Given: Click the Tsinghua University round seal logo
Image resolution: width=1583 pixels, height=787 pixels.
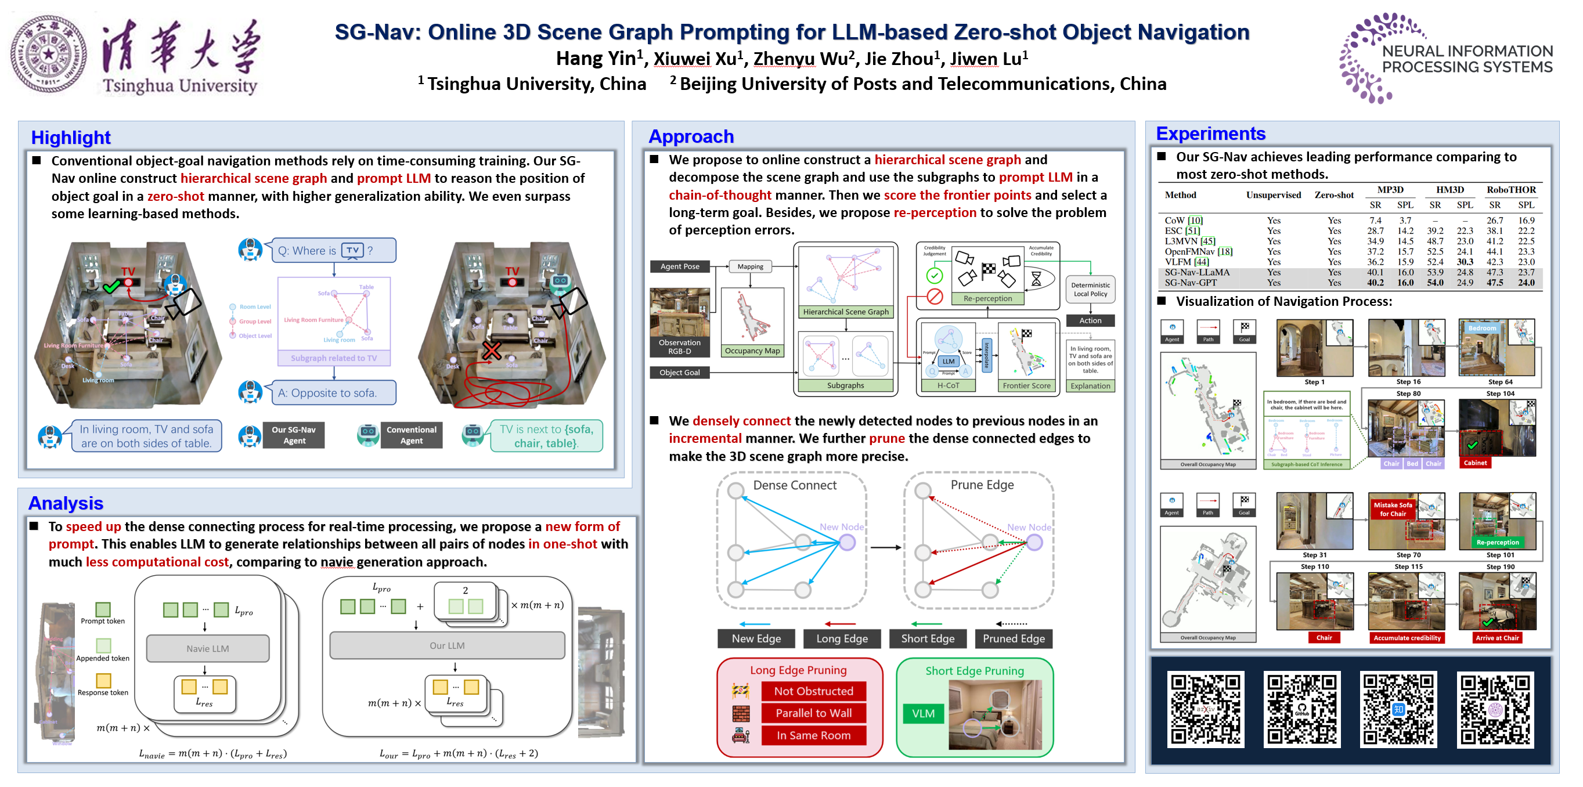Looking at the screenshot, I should [49, 54].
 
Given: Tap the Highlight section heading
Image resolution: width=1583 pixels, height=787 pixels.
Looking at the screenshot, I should [71, 137].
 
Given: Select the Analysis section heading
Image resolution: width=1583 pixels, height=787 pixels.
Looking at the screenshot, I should [66, 503].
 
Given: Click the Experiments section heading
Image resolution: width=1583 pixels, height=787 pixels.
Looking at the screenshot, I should [1210, 133].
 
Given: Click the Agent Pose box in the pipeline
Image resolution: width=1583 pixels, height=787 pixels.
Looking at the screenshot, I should [679, 266].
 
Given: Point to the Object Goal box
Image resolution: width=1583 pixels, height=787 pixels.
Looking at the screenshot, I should [679, 372].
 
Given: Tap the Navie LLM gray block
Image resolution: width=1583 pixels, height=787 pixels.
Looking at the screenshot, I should [208, 648].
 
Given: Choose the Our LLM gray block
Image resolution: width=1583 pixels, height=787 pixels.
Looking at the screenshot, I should [447, 645].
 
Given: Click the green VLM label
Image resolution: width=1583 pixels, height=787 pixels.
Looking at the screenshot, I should [922, 713].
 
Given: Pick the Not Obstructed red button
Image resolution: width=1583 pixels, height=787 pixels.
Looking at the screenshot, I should [813, 691].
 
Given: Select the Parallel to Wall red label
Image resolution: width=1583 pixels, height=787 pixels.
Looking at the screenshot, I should [813, 713].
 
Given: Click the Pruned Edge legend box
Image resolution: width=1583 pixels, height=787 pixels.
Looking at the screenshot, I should [1013, 638].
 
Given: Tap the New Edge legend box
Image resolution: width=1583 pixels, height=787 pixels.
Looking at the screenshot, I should [756, 638].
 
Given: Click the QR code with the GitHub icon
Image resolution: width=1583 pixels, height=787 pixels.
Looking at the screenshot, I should [1301, 709].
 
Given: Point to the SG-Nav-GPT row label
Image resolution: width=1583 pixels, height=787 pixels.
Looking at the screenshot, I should [1191, 283].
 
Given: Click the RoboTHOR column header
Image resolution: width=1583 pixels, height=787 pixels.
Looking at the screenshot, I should [1510, 190].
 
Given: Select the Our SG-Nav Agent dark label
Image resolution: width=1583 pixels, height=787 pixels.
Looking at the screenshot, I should [294, 435].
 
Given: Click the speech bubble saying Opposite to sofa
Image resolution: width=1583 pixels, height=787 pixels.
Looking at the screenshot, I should [334, 392].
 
